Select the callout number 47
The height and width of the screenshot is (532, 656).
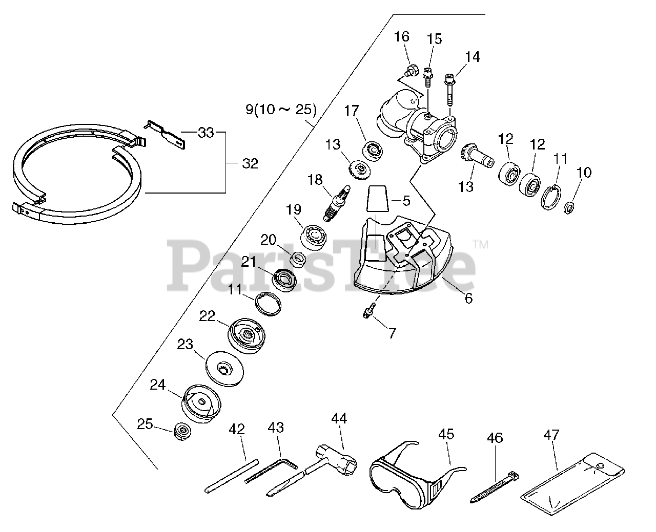(x=551, y=436)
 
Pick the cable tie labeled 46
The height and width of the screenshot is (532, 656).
(x=495, y=486)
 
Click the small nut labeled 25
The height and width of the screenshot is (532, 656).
(x=182, y=431)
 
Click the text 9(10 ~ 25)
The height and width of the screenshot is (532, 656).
(x=281, y=109)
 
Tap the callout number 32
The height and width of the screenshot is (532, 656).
(x=250, y=164)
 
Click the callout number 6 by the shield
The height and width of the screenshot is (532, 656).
(x=468, y=298)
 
